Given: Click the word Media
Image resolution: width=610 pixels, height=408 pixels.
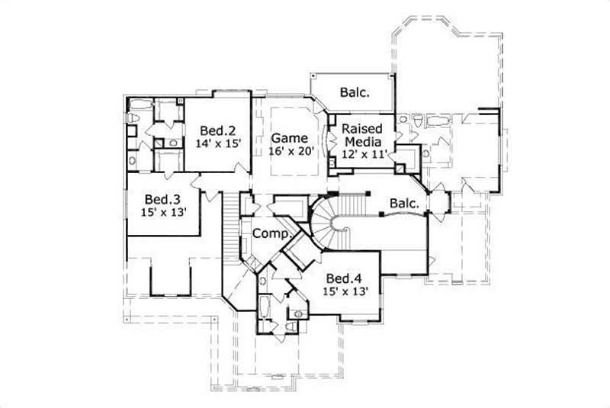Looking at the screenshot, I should [363, 141].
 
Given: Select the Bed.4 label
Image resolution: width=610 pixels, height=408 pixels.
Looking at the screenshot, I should [343, 277].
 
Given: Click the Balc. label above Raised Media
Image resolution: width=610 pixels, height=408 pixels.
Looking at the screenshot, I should [355, 93].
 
